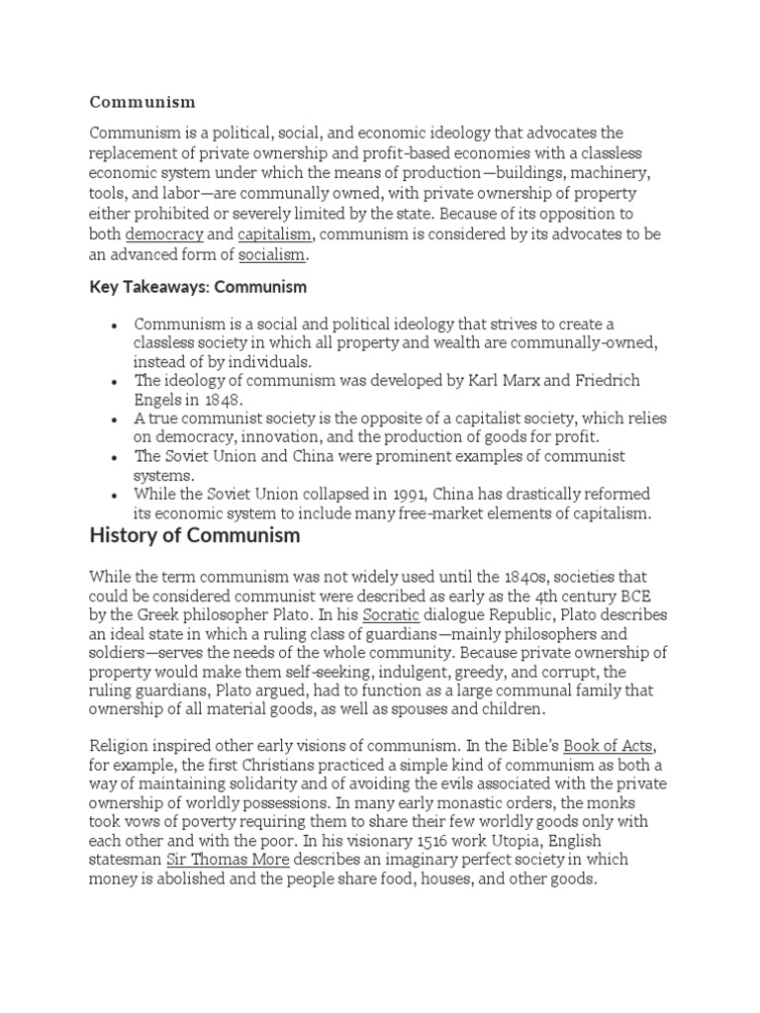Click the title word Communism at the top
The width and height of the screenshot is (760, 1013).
coord(142,102)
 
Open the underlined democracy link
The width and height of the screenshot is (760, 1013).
coord(164,234)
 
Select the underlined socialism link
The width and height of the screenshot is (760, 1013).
coord(272,255)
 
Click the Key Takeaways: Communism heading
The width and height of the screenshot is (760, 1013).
coord(198,287)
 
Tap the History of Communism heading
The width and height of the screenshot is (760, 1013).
coord(194,536)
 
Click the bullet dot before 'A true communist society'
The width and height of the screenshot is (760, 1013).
coord(116,419)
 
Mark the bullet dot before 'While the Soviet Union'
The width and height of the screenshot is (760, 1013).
coord(116,495)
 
